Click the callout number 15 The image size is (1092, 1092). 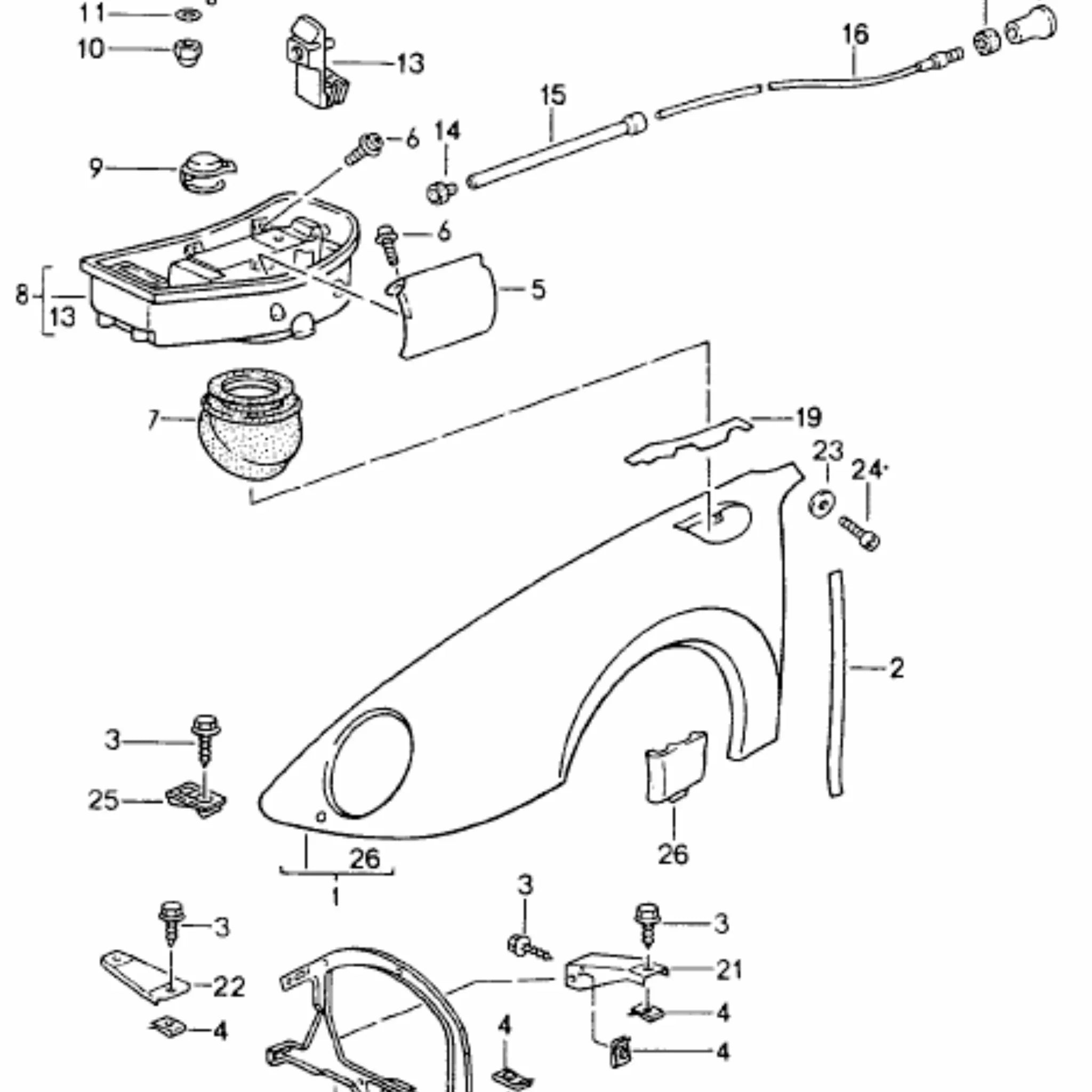pos(553,94)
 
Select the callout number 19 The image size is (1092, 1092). pos(808,417)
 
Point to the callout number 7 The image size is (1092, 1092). pos(153,420)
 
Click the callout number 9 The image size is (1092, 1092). pos(96,168)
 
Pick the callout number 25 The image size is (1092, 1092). pos(103,800)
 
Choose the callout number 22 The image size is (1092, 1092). pos(229,987)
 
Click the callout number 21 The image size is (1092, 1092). pos(729,970)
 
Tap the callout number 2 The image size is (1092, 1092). pos(896,668)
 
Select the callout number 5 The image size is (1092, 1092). pos(538,290)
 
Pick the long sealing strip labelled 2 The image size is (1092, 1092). pos(836,684)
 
